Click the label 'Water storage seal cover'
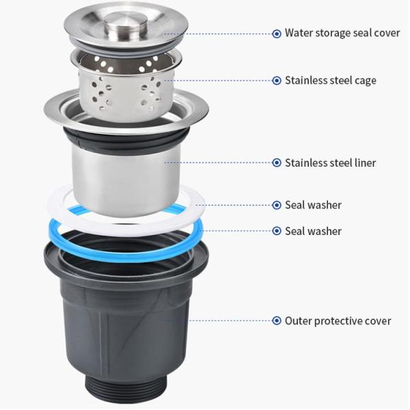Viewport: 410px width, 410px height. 342,33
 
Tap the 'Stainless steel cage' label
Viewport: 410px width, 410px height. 331,81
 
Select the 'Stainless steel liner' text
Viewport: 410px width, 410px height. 330,163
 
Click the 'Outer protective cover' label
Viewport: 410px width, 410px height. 338,321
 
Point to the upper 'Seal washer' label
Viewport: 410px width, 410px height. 313,205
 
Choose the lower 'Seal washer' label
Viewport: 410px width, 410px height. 313,231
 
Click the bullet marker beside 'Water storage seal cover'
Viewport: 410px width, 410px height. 277,33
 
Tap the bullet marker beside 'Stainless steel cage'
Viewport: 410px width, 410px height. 277,81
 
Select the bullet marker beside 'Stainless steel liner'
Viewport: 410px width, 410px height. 277,163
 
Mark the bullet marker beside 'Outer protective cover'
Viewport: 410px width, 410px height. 277,320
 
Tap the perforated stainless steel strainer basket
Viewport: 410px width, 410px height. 126,86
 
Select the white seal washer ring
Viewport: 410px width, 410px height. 126,227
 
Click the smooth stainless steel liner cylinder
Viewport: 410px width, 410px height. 126,180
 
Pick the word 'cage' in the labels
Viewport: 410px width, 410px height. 366,81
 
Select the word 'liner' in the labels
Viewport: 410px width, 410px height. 366,163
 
